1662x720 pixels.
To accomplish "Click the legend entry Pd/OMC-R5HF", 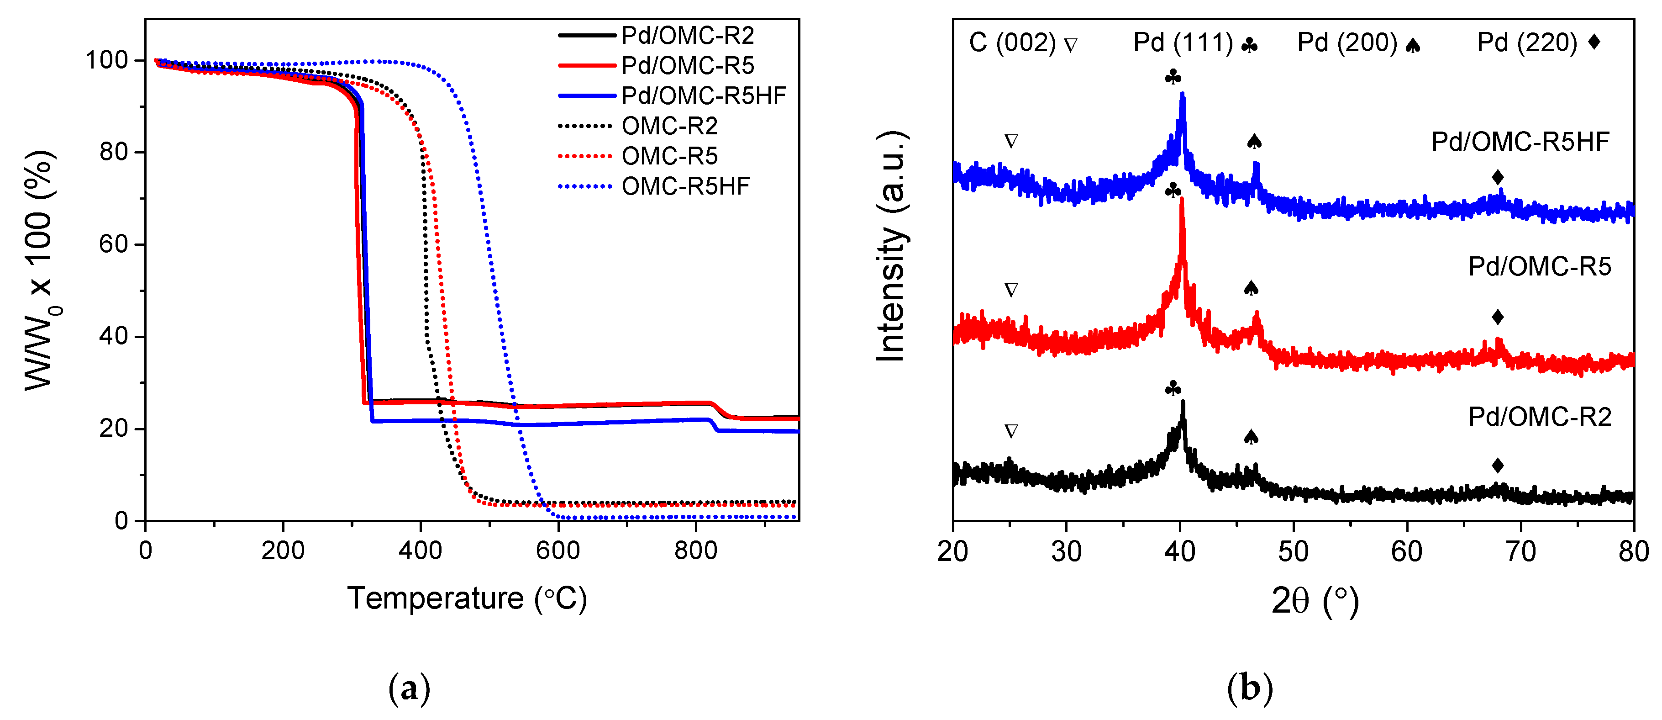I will point(703,95).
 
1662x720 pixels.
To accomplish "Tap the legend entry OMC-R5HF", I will point(685,186).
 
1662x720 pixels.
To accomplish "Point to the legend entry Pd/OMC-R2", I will point(687,36).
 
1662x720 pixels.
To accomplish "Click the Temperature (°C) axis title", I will point(467,598).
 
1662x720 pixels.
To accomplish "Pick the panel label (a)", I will point(409,688).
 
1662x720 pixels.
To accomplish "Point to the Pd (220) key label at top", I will point(1527,42).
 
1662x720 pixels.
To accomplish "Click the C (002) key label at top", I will point(1012,42).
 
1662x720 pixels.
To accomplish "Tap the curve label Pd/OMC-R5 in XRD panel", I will point(1540,266).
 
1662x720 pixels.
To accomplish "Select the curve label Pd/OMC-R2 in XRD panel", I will point(1540,417).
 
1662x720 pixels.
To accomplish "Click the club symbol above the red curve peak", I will point(1173,190).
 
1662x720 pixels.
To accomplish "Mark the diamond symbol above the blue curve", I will point(1498,177).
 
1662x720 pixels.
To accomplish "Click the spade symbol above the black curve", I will point(1250,437).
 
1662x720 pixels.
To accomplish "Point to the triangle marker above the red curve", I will point(1011,290).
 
